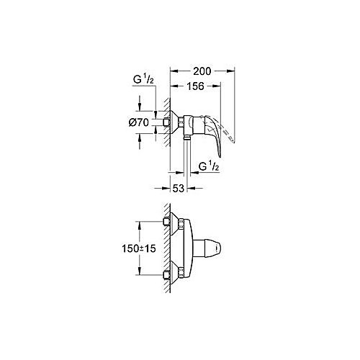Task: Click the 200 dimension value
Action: tap(202, 71)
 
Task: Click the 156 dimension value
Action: tap(196, 86)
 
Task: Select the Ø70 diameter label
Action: tap(139, 122)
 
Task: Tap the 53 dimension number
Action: tap(179, 188)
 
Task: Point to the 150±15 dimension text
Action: tap(139, 248)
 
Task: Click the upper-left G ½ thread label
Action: tap(143, 79)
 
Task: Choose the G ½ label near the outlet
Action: tap(209, 166)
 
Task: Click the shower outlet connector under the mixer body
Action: tap(186, 138)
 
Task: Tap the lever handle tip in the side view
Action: tap(220, 156)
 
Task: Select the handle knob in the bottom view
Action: tap(207, 248)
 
